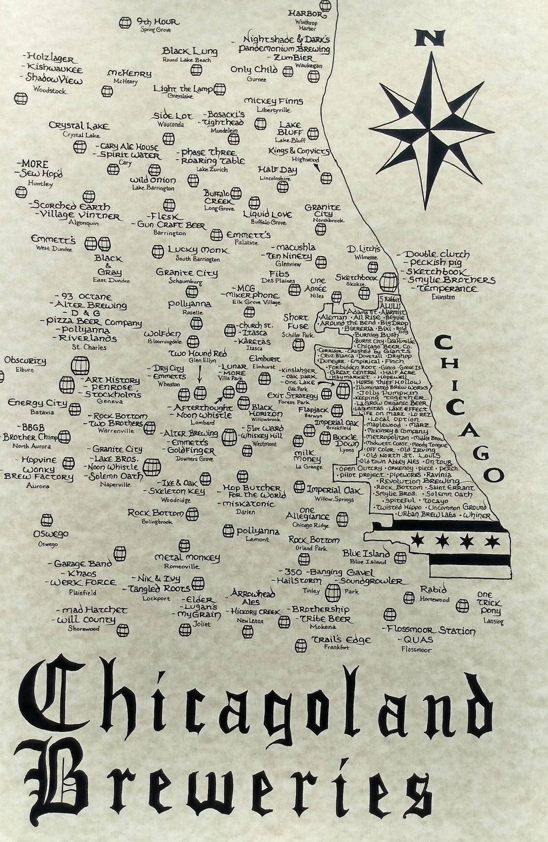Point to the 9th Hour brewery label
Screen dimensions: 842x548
pyautogui.click(x=157, y=22)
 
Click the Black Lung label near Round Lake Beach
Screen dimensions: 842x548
pyautogui.click(x=190, y=51)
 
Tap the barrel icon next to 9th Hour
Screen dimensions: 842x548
pyautogui.click(x=125, y=23)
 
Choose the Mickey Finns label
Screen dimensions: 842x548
pyautogui.click(x=273, y=101)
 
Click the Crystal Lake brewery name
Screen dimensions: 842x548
pyautogui.click(x=79, y=125)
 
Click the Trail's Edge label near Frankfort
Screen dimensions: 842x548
pyautogui.click(x=341, y=639)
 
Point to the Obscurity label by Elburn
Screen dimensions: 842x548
pyautogui.click(x=25, y=361)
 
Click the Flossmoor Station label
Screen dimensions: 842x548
pyautogui.click(x=431, y=630)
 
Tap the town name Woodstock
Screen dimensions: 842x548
pyautogui.click(x=50, y=91)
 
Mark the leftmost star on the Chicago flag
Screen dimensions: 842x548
pyautogui.click(x=419, y=538)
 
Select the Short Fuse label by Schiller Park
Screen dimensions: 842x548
pyautogui.click(x=296, y=322)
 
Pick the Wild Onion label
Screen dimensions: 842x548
pyautogui.click(x=153, y=180)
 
